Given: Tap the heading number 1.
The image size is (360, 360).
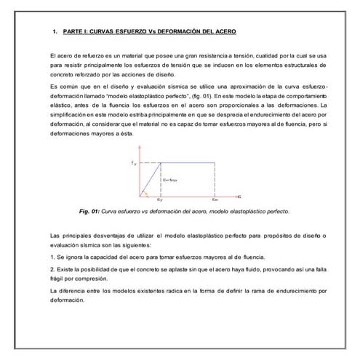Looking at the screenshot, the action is (55, 32).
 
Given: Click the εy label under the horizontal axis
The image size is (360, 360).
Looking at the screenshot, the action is (159, 199).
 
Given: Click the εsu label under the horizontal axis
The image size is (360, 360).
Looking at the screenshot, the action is (214, 199).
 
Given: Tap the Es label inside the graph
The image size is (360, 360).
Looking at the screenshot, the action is (171, 180).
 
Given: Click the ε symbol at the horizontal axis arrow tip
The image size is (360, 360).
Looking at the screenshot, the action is (240, 196).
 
